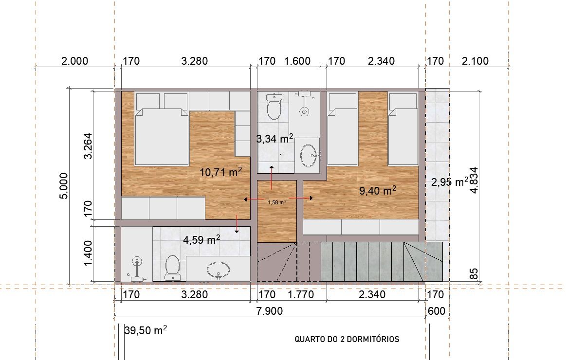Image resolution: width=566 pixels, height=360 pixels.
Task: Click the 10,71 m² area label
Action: [x=220, y=172]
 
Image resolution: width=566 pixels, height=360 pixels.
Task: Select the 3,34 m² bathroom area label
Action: [x=274, y=138]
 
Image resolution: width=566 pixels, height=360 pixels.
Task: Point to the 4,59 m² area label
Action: [x=201, y=239]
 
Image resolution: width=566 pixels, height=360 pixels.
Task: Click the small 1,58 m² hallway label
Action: [x=277, y=202]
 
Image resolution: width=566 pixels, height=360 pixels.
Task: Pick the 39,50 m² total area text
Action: [x=146, y=330]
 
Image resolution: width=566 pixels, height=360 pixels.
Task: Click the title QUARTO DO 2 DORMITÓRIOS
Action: [x=347, y=339]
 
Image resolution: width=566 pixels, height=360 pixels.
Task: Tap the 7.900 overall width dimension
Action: [x=269, y=310]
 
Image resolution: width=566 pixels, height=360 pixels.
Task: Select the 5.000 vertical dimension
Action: [x=63, y=186]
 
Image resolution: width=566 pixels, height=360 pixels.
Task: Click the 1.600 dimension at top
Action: [x=297, y=61]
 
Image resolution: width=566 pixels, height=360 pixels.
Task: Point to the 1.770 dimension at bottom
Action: [x=300, y=294]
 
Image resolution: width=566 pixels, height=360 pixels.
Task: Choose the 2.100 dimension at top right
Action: [x=475, y=61]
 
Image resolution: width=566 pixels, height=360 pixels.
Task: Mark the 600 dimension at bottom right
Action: [x=436, y=310]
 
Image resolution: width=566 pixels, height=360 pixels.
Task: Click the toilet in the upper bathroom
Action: [x=274, y=106]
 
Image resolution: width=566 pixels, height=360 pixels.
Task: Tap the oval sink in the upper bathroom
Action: [x=309, y=156]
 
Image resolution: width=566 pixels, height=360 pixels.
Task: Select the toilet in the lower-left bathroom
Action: [x=172, y=268]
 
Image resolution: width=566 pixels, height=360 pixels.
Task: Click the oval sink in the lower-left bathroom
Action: [x=218, y=270]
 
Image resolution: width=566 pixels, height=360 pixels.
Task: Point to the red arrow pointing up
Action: [x=272, y=178]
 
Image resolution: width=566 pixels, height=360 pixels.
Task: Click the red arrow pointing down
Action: [x=237, y=224]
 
